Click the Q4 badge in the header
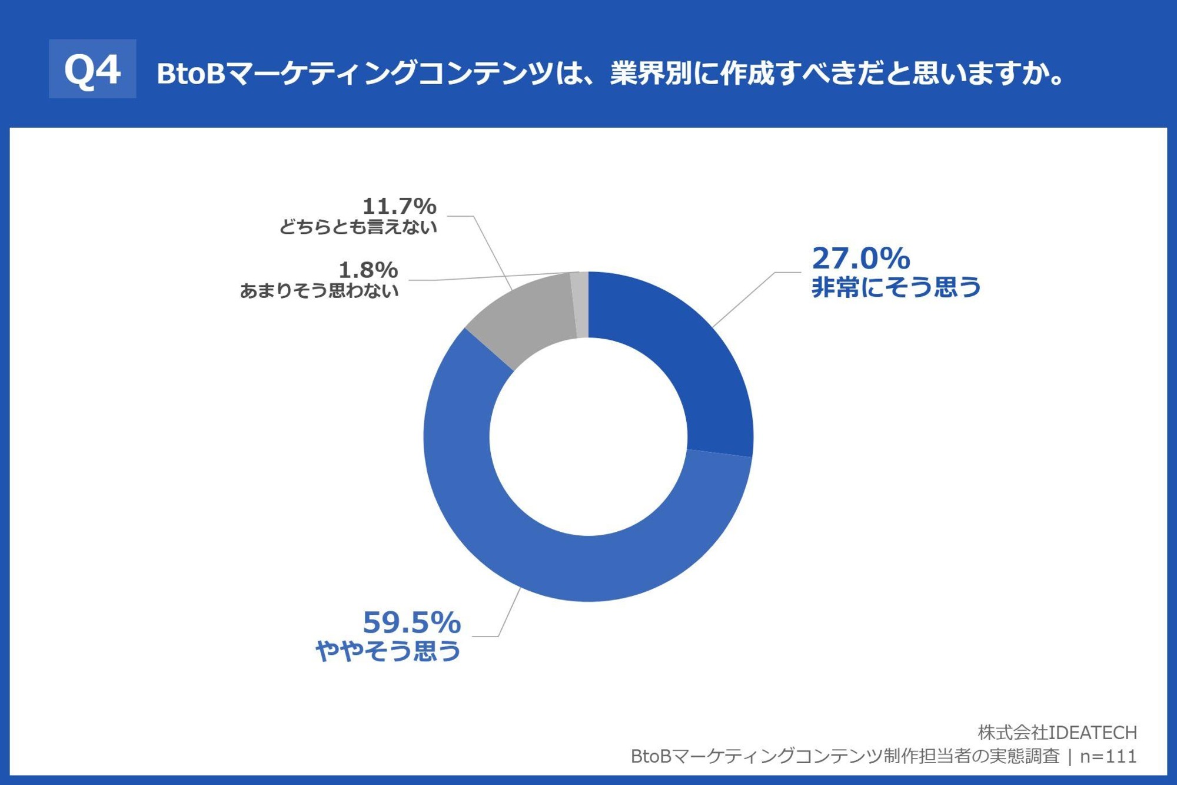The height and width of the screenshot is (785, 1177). point(92,69)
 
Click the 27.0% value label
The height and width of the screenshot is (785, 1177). point(860,259)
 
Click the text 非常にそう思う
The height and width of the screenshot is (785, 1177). point(896,287)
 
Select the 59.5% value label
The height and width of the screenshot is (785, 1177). point(411,622)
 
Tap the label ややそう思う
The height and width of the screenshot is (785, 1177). point(388,651)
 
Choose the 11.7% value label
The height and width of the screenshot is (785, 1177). point(399,206)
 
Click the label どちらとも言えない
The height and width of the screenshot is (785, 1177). point(358,227)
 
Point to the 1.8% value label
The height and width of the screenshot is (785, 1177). point(368,270)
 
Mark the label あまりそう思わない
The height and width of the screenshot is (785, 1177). point(319,291)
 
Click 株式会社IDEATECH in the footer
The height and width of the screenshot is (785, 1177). point(1057,733)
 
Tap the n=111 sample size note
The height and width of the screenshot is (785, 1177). point(1108,756)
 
